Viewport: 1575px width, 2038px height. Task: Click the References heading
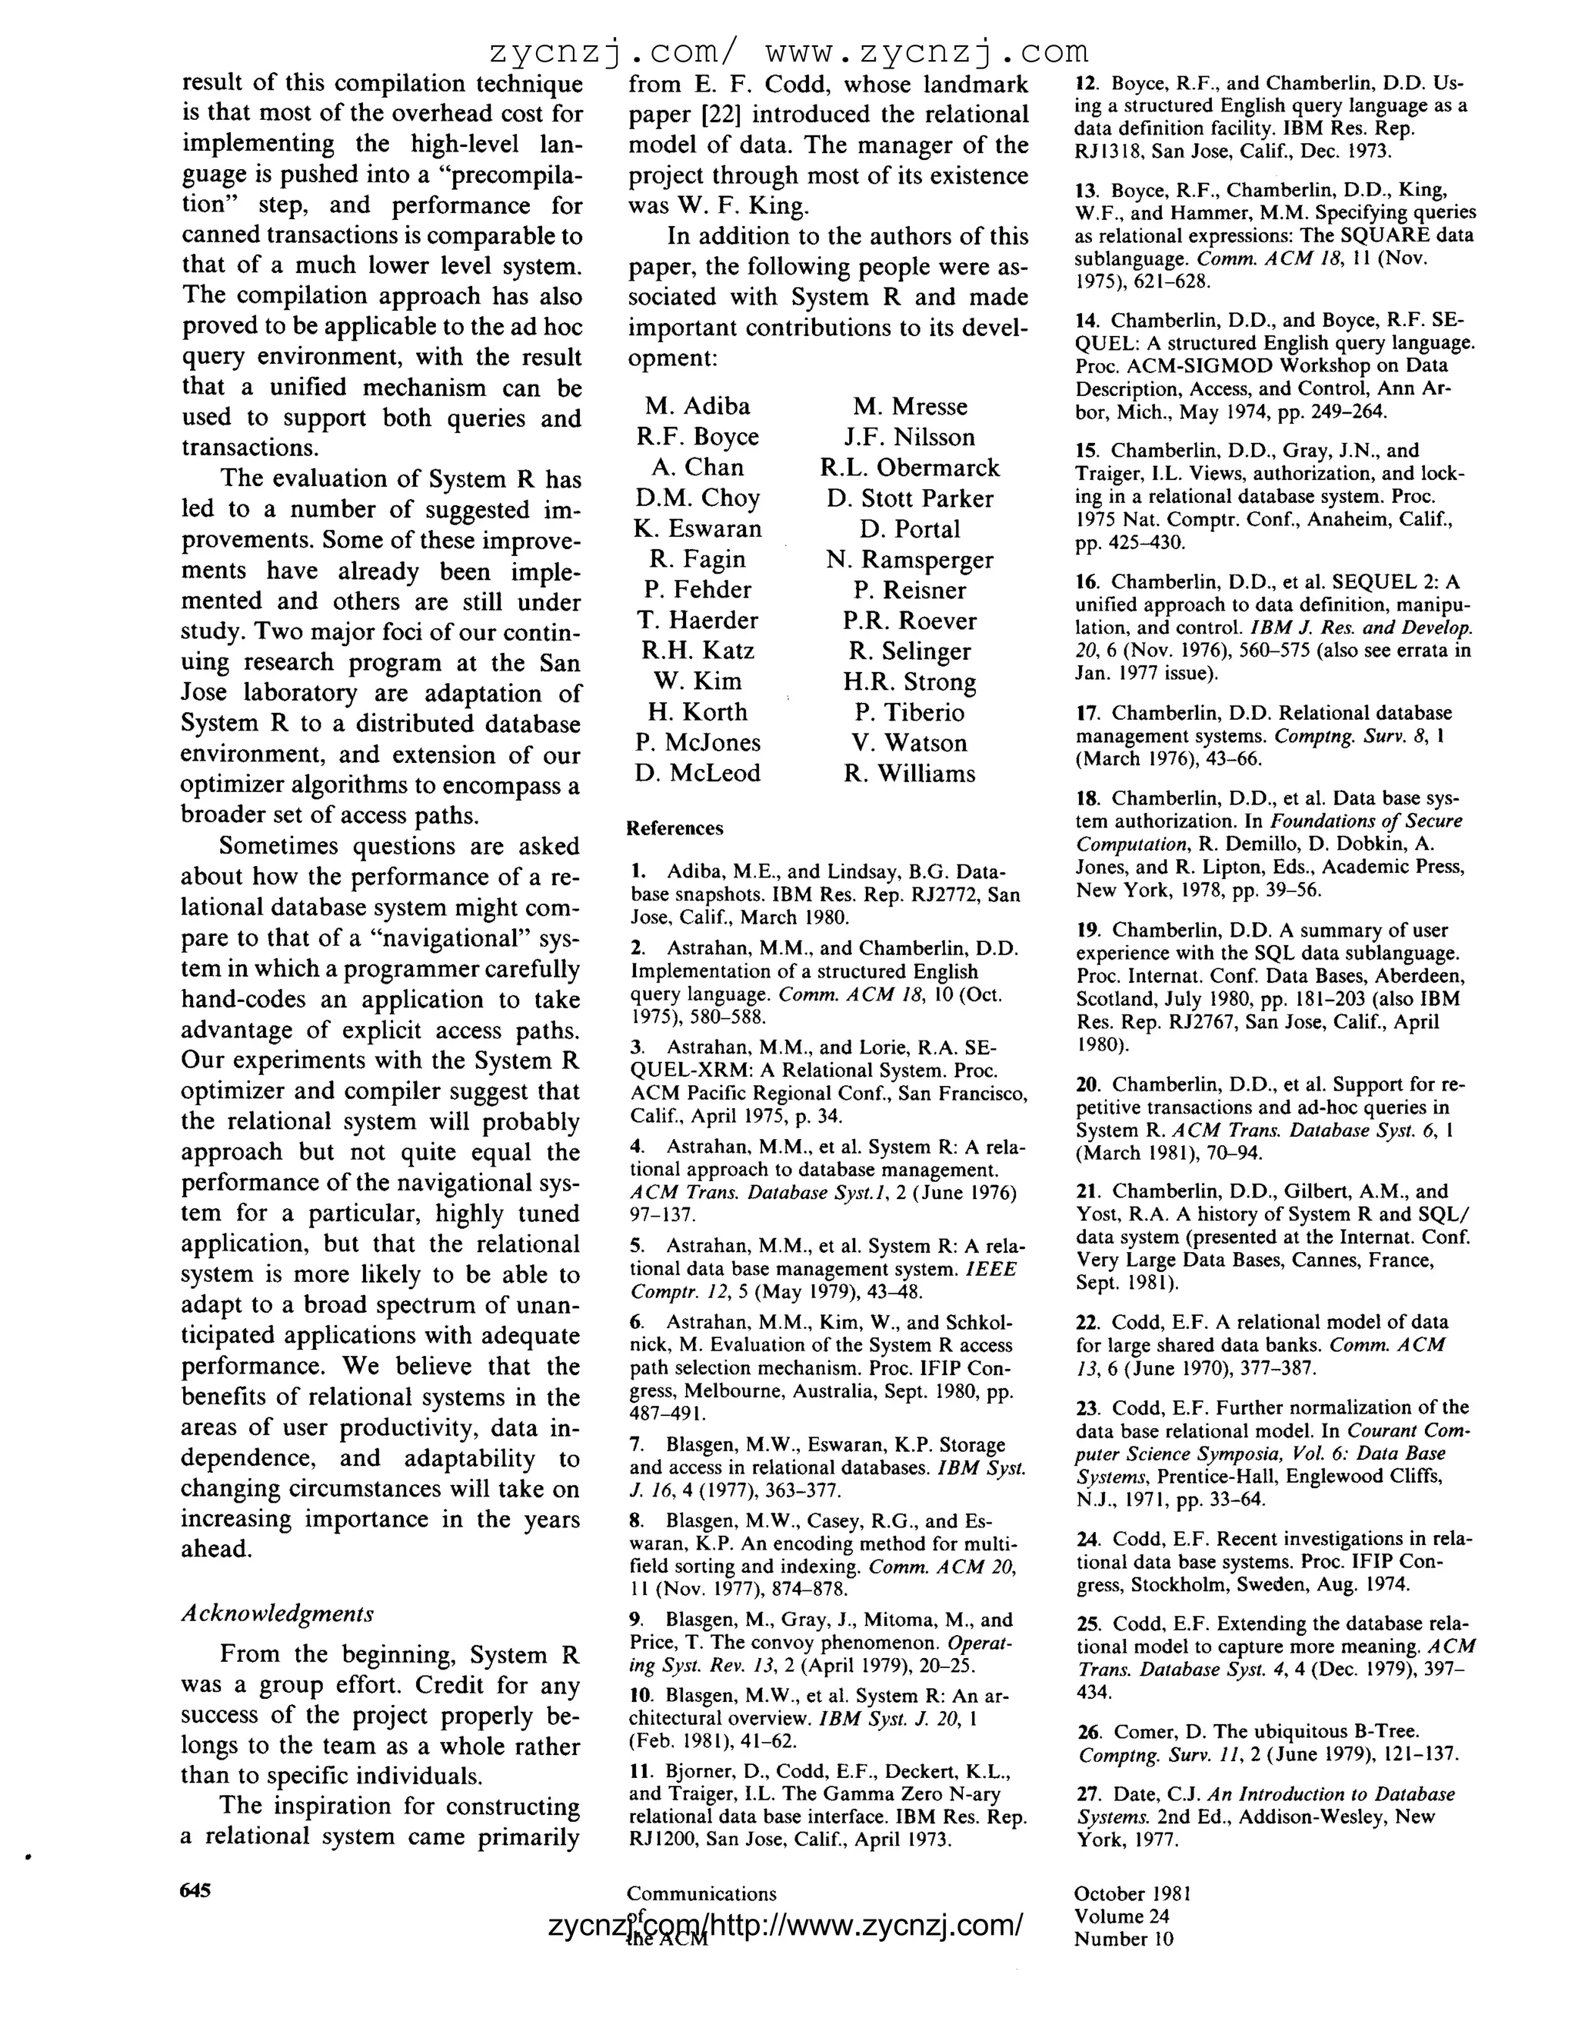pos(674,828)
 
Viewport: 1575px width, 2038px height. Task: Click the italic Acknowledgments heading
pos(277,1613)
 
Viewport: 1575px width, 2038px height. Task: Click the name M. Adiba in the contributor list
pos(697,406)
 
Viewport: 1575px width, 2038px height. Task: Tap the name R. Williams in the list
pos(909,774)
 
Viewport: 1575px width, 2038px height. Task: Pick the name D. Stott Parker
pos(909,498)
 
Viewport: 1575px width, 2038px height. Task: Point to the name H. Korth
pos(697,712)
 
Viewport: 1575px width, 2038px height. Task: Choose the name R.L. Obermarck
pos(909,468)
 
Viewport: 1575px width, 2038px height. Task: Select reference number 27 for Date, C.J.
pos(1088,1793)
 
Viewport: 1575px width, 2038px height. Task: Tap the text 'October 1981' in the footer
pos(1132,1893)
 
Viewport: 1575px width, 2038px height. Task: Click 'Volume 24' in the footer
pos(1120,1916)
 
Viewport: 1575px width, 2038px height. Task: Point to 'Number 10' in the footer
pos(1124,1938)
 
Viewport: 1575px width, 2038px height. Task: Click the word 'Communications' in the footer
pos(701,1893)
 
